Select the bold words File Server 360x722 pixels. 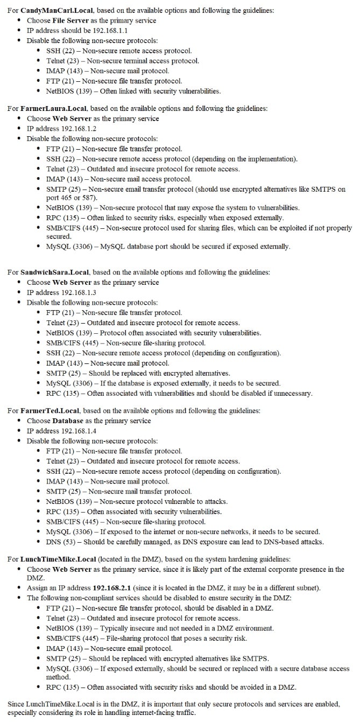coord(71,20)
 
